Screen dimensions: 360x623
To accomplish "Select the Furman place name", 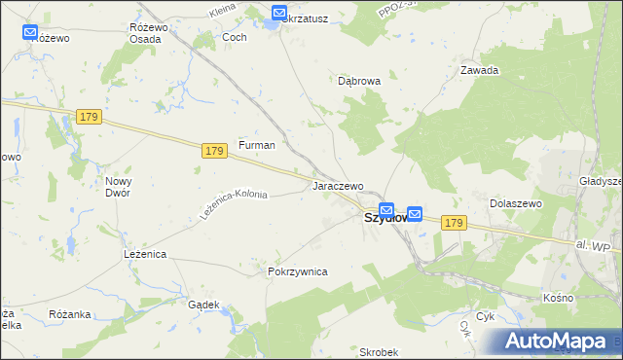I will [x=257, y=145].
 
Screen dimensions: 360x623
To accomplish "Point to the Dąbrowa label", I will [x=358, y=82].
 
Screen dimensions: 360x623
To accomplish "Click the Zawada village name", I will [x=479, y=70].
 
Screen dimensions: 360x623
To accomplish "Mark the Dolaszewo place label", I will [x=515, y=203].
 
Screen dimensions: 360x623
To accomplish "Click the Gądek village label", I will [x=203, y=305].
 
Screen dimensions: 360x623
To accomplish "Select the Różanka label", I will [x=69, y=314].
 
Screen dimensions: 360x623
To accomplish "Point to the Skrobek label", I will [x=379, y=351].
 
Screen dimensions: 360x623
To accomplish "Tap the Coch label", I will [x=235, y=37].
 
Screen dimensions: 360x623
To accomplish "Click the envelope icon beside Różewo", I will [x=30, y=32].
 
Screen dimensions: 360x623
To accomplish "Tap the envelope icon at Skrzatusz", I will [x=279, y=14].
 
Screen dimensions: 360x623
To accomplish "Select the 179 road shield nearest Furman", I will [x=216, y=151].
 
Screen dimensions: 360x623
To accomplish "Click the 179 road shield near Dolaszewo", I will [x=453, y=223].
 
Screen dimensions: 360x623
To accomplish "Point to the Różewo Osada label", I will [x=149, y=33].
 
